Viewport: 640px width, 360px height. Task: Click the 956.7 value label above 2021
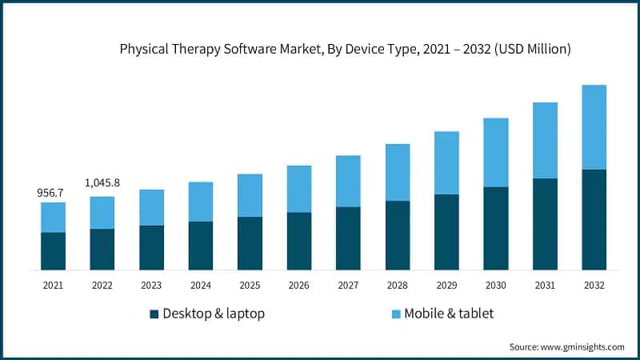(x=53, y=193)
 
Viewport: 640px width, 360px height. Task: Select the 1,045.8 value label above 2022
(x=102, y=183)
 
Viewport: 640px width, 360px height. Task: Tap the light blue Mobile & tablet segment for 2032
(x=594, y=127)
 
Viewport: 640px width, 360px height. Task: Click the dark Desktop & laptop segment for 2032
(x=594, y=219)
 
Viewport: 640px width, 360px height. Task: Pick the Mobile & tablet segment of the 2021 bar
(x=53, y=217)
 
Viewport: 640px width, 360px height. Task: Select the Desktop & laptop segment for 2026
(x=299, y=241)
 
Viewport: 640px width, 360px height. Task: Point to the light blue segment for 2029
(x=446, y=162)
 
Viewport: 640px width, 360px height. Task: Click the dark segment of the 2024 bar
(x=201, y=246)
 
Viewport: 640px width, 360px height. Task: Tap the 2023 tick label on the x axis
(x=151, y=285)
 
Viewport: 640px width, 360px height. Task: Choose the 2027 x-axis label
(x=348, y=285)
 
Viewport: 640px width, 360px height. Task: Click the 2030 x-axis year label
(x=495, y=285)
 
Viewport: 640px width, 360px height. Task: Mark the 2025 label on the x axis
(x=250, y=285)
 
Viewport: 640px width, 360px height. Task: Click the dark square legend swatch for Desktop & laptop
(x=154, y=314)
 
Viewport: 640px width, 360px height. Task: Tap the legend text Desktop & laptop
(x=214, y=314)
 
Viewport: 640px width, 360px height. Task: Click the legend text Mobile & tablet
(x=448, y=314)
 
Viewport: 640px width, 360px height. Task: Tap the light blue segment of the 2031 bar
(x=545, y=140)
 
